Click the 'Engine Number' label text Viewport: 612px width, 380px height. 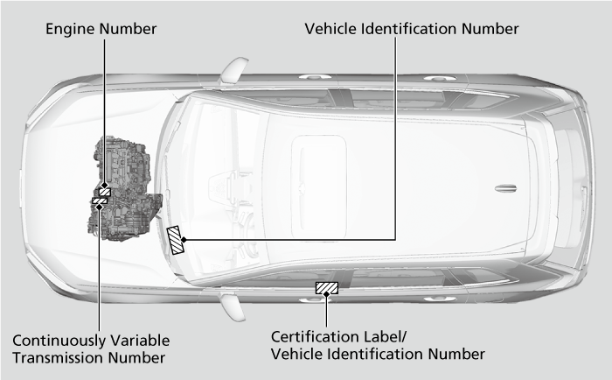101,29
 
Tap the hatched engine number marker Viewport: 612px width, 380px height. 105,192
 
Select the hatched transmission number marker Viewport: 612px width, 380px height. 100,201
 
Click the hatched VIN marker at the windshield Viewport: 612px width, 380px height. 175,240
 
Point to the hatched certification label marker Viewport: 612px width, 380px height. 327,288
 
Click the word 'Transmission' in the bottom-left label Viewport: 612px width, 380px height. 59,358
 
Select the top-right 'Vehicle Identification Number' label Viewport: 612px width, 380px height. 412,29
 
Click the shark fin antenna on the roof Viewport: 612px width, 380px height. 506,189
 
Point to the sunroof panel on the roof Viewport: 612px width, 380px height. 319,186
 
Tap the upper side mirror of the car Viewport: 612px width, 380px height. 233,69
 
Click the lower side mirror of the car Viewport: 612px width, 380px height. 233,307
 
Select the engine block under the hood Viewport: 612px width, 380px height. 124,188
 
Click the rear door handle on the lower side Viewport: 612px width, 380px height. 440,299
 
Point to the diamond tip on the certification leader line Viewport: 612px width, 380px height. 327,294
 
